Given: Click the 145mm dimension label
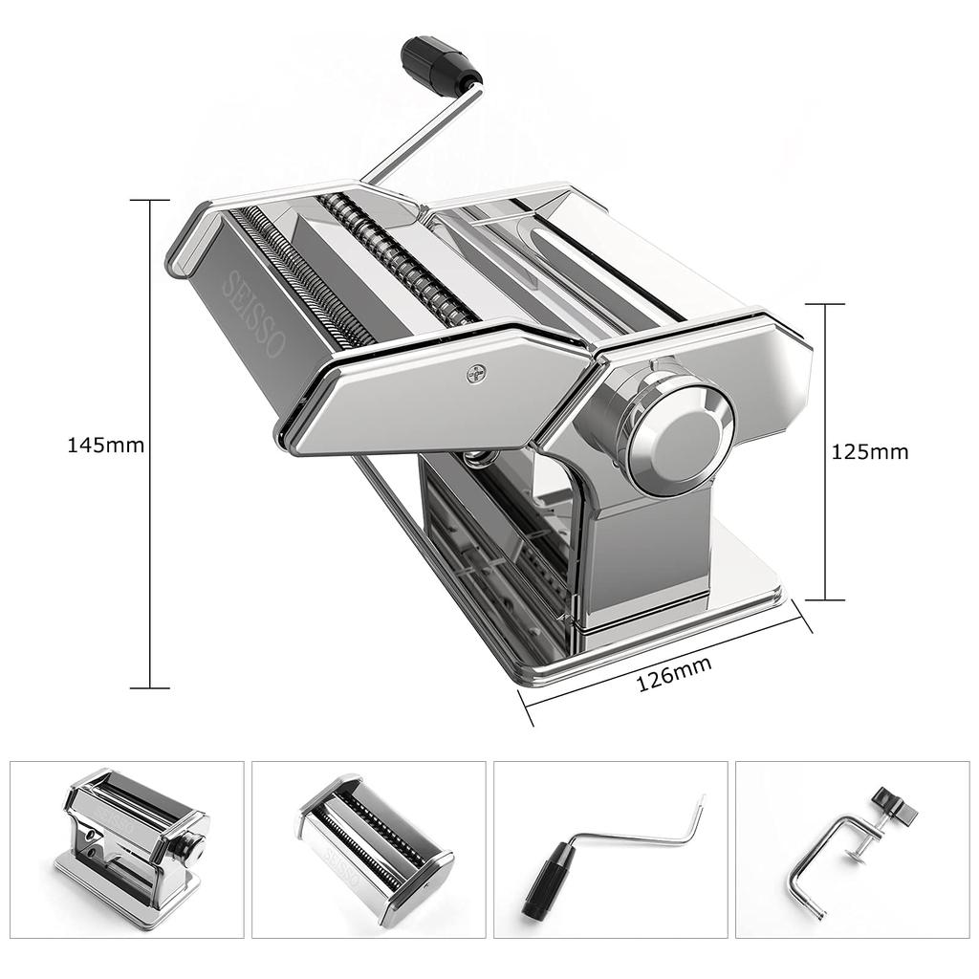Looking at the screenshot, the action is coord(105,446).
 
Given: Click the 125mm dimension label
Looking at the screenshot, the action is coord(870,451).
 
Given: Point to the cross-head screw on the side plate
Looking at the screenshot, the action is coord(475,374).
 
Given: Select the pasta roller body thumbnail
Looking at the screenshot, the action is coord(127,850).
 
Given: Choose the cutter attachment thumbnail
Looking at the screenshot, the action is coord(368,850).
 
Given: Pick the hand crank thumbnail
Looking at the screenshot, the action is coord(611,850).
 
